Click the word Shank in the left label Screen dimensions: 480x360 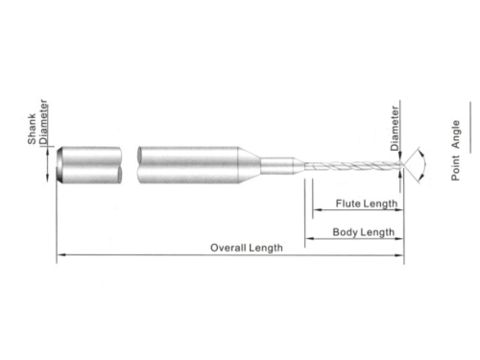click(32, 130)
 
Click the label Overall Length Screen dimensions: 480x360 click(247, 248)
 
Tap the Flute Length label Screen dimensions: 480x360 click(367, 204)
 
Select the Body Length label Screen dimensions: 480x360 click(364, 232)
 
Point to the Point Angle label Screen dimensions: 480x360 click(455, 151)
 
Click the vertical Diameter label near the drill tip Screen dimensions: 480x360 click(395, 129)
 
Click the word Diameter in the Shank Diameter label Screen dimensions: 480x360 click(43, 122)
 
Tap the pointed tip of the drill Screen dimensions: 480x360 click(403, 165)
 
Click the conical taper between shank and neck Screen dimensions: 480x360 click(250, 165)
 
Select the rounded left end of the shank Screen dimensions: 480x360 click(60, 165)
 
